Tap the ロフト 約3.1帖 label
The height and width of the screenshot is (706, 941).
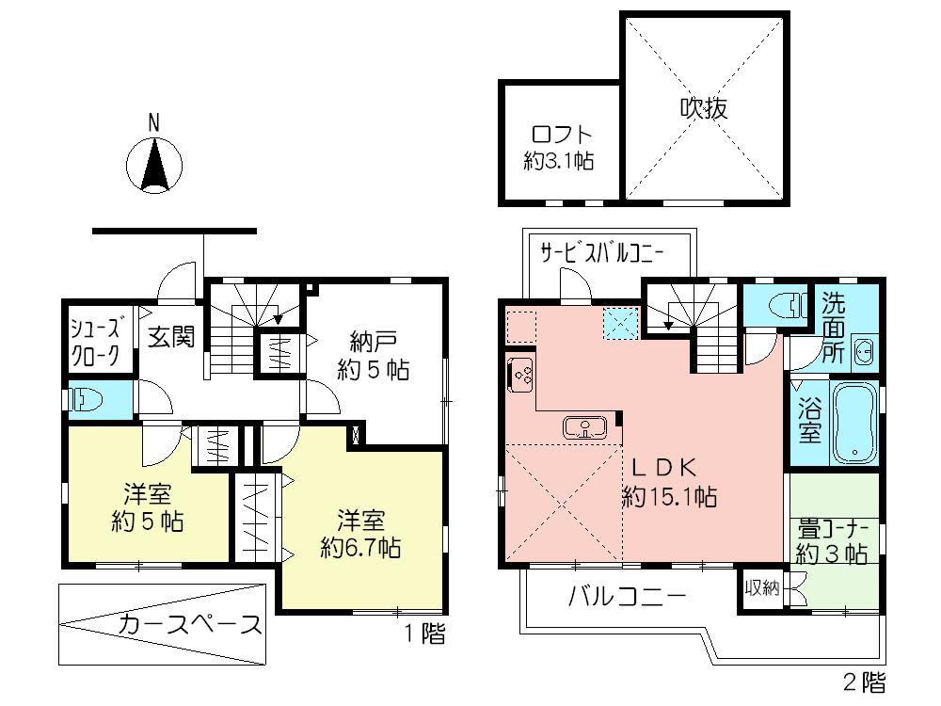coord(558,147)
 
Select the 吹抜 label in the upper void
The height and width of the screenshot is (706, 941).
coord(703,108)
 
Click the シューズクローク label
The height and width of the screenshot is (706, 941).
coord(96,342)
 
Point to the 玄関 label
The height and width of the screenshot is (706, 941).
coord(171,336)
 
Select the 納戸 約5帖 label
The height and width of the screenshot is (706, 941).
coord(374,355)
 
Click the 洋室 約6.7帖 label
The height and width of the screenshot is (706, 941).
coord(360,533)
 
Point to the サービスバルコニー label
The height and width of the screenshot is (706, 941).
coord(602,252)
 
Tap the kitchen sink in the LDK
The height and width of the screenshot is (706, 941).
coord(585,428)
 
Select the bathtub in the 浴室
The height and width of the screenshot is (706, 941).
coord(854,425)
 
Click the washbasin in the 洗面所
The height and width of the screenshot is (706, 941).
coord(864,355)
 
